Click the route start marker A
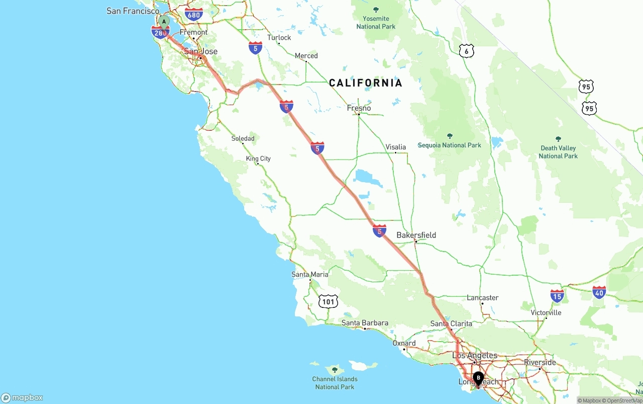coord(164,22)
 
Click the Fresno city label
coord(359,108)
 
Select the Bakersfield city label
coord(416,235)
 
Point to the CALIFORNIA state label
coord(366,83)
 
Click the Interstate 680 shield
coord(193,14)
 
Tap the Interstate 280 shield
coord(160,33)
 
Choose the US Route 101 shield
coord(328,301)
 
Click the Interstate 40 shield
coord(599,292)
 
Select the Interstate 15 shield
coord(557,295)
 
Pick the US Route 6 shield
coord(466,50)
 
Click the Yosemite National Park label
coord(376,23)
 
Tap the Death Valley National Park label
coord(558,152)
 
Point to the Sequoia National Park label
coord(450,145)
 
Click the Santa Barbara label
coord(365,323)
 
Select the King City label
coord(258,158)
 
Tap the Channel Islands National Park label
coord(335,383)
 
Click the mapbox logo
coord(22,397)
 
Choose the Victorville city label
coord(546,312)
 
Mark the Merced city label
coord(306,56)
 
